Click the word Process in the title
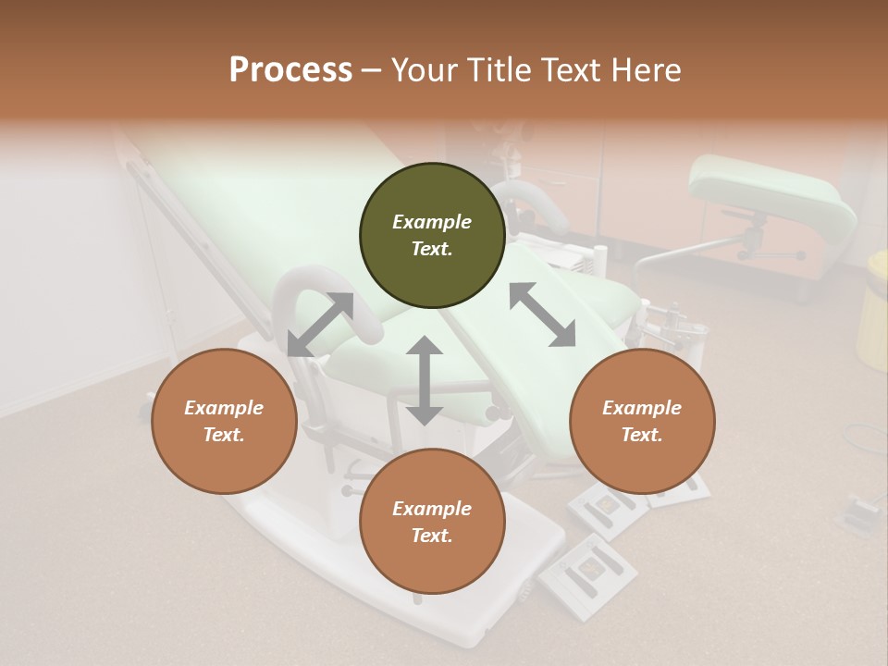290,70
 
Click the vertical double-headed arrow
425,380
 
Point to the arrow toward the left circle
320,325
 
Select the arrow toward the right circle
542,314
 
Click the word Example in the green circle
432,222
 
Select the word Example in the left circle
224,408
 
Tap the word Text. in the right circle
642,435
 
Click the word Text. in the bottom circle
432,536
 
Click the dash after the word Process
371,70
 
